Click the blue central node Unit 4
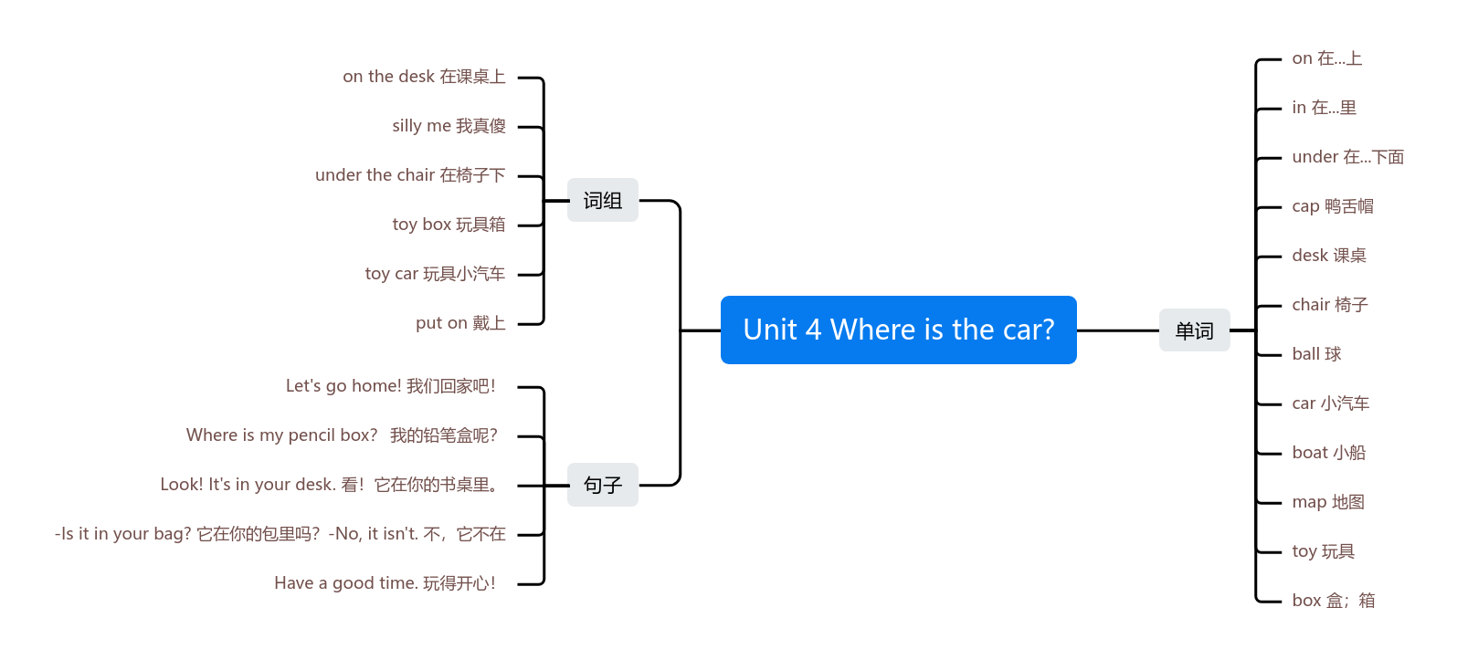click(898, 330)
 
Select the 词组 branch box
click(603, 200)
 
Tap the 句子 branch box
click(603, 485)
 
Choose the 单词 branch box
click(1194, 330)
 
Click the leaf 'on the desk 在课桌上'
click(424, 77)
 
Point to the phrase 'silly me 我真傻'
click(449, 126)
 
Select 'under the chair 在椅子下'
click(410, 175)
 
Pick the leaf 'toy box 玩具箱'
click(449, 225)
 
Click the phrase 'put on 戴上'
click(460, 323)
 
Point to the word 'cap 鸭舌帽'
click(1333, 206)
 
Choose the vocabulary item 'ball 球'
click(1316, 354)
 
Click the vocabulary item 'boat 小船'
click(1328, 453)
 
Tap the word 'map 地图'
click(1328, 502)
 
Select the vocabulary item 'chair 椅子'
click(1330, 305)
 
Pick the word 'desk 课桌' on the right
click(1329, 256)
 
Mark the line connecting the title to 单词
click(1118, 330)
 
